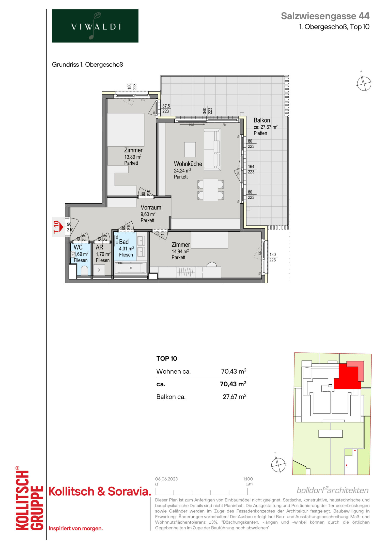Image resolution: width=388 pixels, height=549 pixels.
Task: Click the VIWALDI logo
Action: coord(95,26)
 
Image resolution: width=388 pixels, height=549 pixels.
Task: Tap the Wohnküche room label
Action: coord(188,164)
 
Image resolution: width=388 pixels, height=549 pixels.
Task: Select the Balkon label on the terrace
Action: coord(262,120)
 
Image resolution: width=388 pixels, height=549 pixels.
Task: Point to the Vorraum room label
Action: coord(151,207)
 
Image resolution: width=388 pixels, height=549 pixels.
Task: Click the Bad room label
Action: coord(124,242)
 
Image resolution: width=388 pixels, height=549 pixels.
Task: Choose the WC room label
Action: coord(78,247)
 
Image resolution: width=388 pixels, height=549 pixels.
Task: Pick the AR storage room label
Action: coord(100,247)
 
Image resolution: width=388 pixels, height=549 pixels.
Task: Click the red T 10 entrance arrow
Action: coord(60,227)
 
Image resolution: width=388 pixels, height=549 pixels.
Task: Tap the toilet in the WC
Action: coord(84,270)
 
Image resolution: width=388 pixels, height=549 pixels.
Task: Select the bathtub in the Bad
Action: coord(131,268)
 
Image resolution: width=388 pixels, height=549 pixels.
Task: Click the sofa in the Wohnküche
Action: coord(212,149)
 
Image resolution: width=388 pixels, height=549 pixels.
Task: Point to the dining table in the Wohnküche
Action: coord(210,190)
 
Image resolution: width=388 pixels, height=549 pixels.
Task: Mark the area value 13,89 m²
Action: coord(133,157)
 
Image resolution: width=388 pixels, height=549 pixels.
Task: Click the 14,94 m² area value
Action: coord(180,251)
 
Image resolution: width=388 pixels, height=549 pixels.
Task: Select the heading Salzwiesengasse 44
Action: coord(325,16)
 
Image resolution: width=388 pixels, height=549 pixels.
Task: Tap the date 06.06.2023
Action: coord(166,479)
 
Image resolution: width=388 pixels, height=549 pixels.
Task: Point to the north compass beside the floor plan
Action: coord(364,83)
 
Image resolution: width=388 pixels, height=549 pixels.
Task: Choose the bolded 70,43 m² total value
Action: coord(233,384)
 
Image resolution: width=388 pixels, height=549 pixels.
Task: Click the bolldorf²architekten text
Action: coord(333,490)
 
